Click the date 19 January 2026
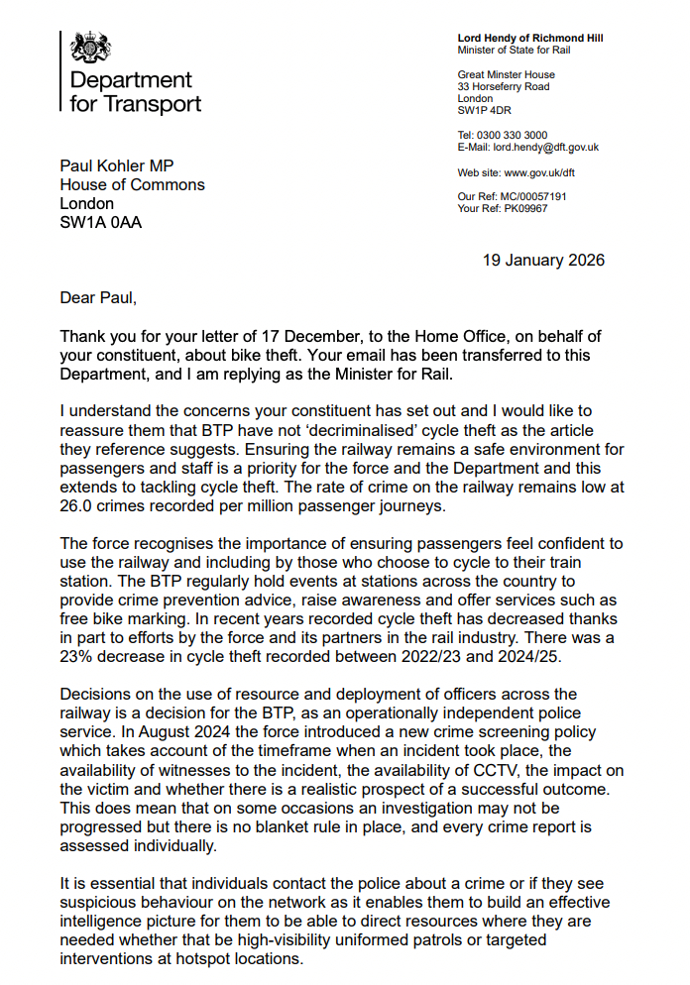[543, 261]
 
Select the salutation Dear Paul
[95, 297]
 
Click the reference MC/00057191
[535, 197]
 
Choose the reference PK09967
[524, 209]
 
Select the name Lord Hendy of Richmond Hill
[530, 39]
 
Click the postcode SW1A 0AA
[100, 222]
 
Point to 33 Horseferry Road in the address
[504, 87]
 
